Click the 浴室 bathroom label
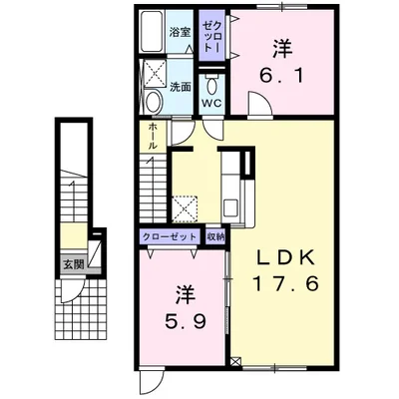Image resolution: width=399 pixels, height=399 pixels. pyautogui.click(x=180, y=33)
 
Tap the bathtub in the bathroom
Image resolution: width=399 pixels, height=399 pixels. pyautogui.click(x=152, y=32)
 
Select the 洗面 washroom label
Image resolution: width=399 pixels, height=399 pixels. pyautogui.click(x=181, y=87)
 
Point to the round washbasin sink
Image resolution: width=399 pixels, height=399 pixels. pyautogui.click(x=154, y=102)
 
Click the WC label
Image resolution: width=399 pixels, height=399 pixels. pyautogui.click(x=211, y=104)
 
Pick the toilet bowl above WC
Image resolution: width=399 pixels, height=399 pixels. pyautogui.click(x=211, y=85)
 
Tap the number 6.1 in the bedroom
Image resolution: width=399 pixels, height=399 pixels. pyautogui.click(x=282, y=77)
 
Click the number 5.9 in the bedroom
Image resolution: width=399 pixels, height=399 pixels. pyautogui.click(x=186, y=321)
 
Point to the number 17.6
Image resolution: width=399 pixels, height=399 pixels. pyautogui.click(x=286, y=284)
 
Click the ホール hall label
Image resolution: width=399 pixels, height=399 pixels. pyautogui.click(x=153, y=136)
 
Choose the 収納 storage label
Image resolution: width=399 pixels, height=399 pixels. pyautogui.click(x=215, y=237)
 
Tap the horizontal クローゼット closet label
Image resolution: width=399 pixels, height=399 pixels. pyautogui.click(x=170, y=237)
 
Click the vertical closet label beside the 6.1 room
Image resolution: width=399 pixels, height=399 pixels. pyautogui.click(x=211, y=35)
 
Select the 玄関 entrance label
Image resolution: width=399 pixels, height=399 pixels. pyautogui.click(x=73, y=265)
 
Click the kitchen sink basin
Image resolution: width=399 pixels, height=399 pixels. pyautogui.click(x=230, y=207)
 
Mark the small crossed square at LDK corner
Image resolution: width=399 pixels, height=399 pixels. pyautogui.click(x=235, y=361)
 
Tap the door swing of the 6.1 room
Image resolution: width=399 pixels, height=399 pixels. pyautogui.click(x=260, y=104)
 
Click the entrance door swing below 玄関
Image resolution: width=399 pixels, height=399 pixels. pyautogui.click(x=73, y=291)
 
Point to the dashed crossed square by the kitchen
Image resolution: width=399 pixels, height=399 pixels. pyautogui.click(x=185, y=209)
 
